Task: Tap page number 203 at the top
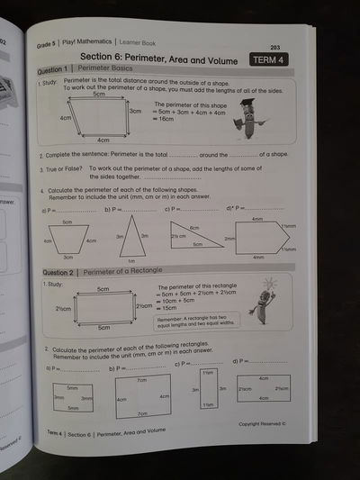[274, 48]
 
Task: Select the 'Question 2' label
[56, 271]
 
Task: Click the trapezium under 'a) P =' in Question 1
[67, 240]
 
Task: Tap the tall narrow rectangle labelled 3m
[207, 390]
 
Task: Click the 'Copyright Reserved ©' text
[262, 422]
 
